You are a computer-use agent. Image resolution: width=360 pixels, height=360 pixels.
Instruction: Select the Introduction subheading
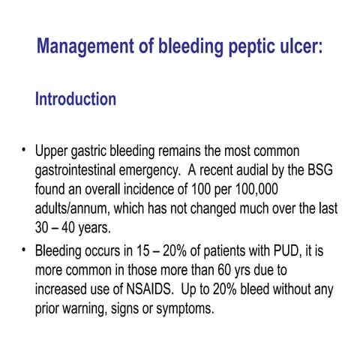76,99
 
